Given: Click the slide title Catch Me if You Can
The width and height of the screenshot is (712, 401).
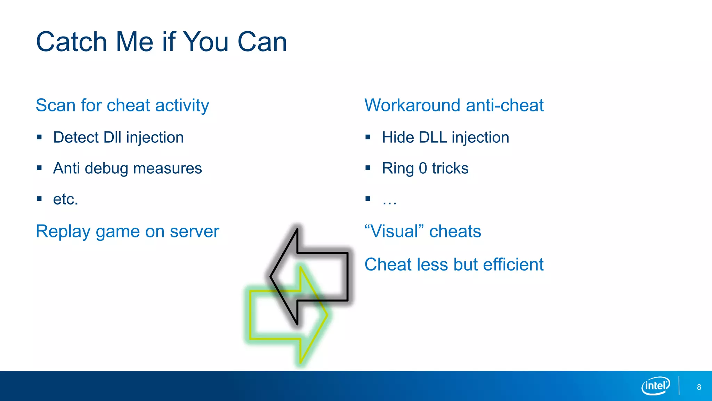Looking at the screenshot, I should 161,42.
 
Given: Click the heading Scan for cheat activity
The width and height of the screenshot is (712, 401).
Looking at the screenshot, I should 122,105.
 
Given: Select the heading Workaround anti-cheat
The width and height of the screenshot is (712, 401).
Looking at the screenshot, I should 454,105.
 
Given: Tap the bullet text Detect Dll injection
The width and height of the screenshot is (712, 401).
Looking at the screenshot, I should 118,137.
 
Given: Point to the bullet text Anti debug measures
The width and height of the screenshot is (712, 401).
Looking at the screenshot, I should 127,168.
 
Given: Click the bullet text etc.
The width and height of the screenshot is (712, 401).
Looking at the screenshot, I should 65,199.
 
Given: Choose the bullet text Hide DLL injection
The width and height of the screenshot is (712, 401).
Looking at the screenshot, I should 445,137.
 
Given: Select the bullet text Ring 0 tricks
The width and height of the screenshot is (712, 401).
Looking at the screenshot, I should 425,168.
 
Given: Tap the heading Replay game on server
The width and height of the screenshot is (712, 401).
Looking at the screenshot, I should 127,231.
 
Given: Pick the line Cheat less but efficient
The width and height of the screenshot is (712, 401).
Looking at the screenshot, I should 454,264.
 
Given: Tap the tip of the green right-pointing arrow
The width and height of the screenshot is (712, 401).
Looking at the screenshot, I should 326,315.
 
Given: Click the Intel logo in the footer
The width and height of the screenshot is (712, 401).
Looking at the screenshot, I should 655,386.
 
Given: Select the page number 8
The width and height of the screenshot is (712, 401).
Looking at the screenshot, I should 699,387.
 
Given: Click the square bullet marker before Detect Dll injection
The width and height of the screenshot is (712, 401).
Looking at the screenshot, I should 39,137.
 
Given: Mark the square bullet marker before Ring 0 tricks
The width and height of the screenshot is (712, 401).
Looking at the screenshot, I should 368,168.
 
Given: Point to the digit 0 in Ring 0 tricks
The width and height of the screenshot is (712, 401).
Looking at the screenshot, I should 423,168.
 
